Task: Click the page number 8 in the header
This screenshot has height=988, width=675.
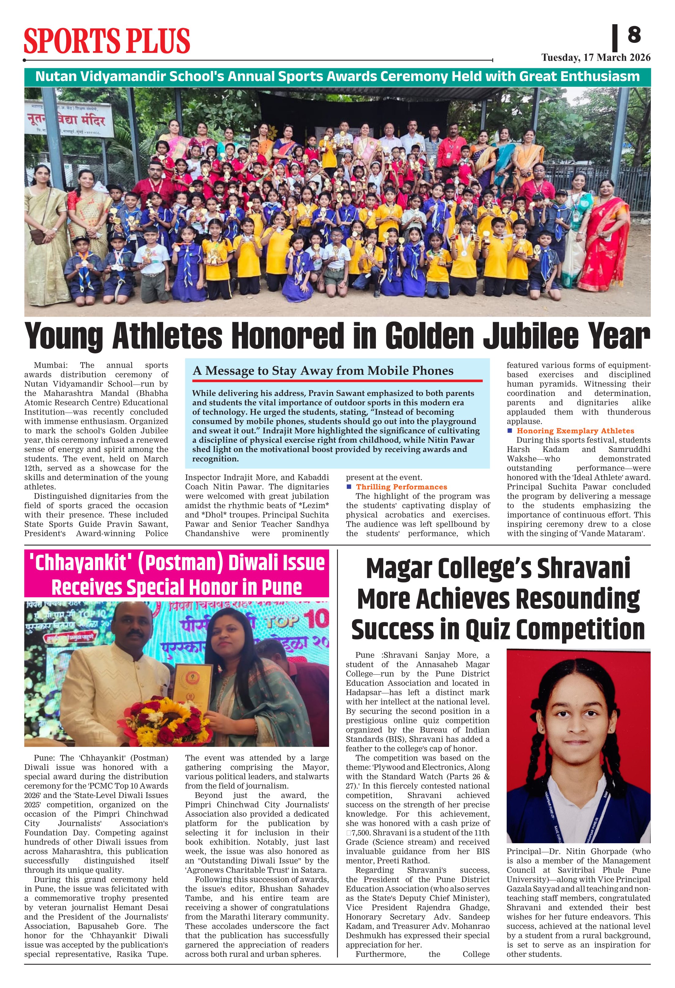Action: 634,35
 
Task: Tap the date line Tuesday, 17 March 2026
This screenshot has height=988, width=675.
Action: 595,58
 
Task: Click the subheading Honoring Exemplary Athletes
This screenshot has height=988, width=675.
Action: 575,431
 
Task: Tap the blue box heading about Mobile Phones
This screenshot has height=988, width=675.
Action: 323,371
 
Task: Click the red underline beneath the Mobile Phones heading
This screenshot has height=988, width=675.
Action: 337,381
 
